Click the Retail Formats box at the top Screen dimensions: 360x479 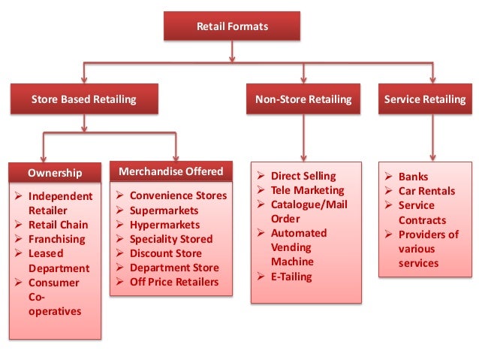(x=232, y=27)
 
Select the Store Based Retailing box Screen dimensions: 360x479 (x=83, y=99)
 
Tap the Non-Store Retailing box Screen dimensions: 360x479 (x=303, y=99)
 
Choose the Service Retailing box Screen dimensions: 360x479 (x=424, y=99)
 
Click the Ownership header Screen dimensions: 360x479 (x=55, y=173)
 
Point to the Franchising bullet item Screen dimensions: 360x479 (x=57, y=239)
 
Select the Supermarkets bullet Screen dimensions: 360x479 (x=164, y=210)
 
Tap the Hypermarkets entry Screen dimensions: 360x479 (x=165, y=225)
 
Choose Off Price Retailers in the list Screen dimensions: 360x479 (x=174, y=282)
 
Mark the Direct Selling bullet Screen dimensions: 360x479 (x=303, y=176)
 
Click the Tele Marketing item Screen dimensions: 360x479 (x=307, y=190)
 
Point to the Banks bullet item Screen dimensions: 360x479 (x=413, y=177)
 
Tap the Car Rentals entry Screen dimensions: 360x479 (x=426, y=191)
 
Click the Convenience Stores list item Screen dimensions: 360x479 (x=178, y=196)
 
